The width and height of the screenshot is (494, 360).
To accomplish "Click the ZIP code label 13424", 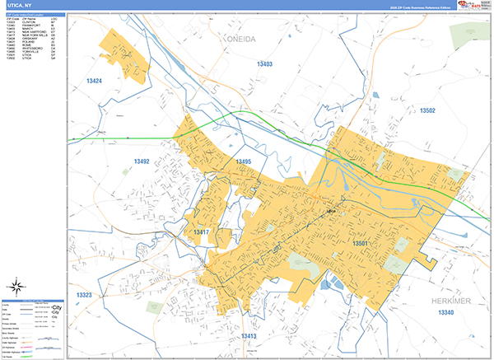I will pos(94,81).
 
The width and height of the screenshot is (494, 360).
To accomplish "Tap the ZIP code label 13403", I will pos(264,63).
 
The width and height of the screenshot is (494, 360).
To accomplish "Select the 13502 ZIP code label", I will pos(426,110).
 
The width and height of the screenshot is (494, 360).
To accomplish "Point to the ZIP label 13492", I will pos(142,161).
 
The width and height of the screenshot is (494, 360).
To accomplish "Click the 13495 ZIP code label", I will pos(242,161).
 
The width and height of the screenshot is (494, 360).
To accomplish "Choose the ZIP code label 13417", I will pos(202,233).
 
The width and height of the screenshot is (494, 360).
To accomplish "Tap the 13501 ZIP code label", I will pos(360,244).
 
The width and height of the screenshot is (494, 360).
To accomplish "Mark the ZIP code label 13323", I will pos(84,295).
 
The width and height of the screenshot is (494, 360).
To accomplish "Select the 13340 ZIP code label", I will pos(445,314).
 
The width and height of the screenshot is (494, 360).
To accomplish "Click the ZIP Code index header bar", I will pos(33,14).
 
